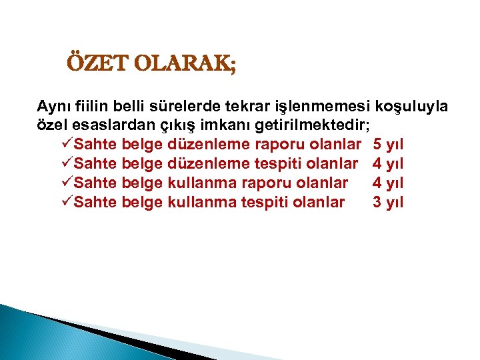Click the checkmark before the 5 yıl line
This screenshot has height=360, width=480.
click(66, 144)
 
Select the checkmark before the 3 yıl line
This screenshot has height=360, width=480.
click(66, 202)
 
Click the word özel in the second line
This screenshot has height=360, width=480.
click(51, 125)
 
